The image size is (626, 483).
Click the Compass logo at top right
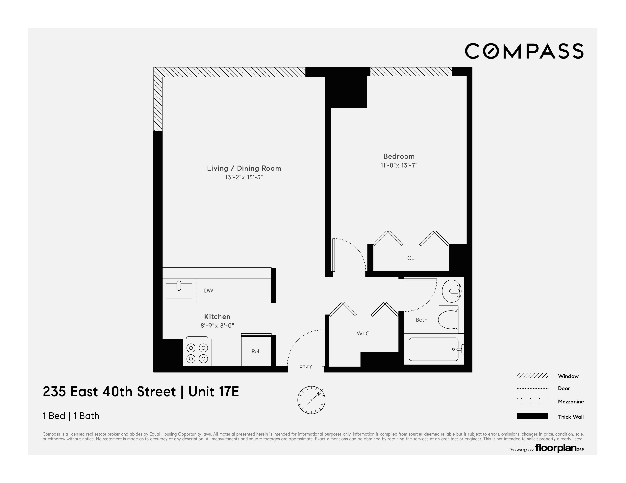click(x=524, y=51)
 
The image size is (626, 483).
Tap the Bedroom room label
click(x=399, y=156)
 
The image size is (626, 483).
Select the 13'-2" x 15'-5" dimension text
click(x=244, y=177)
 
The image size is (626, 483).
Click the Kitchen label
click(x=217, y=316)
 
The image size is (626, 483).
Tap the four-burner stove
click(x=197, y=353)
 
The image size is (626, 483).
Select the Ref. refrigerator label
click(x=256, y=351)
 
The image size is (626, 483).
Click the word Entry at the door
click(x=305, y=366)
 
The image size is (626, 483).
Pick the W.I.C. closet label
click(x=363, y=334)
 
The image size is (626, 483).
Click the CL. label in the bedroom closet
click(x=411, y=258)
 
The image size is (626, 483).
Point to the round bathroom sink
click(x=451, y=291)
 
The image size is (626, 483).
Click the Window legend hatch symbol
click(x=532, y=376)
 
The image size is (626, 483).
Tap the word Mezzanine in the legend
click(x=570, y=402)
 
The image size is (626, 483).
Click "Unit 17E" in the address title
click(x=214, y=392)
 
